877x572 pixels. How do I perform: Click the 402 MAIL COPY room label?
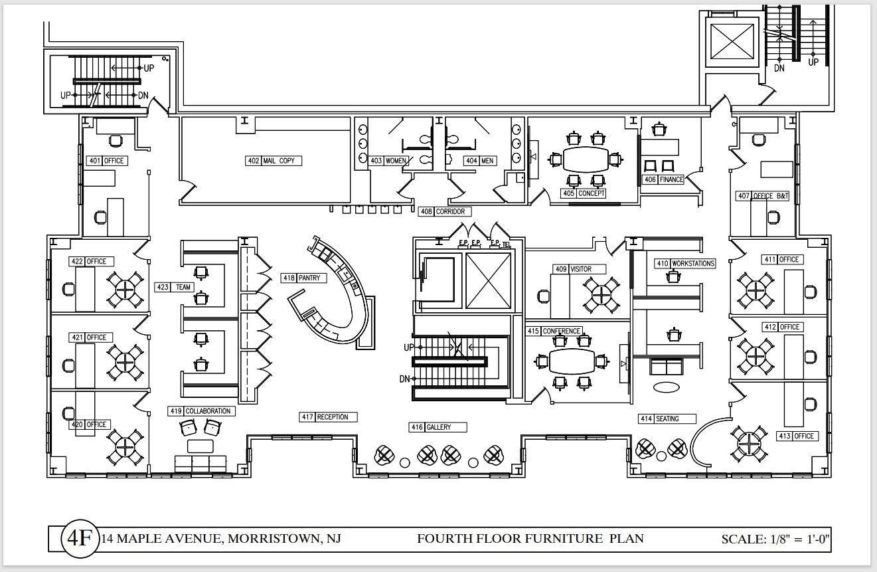pos(274,161)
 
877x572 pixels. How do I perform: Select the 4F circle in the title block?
pos(78,538)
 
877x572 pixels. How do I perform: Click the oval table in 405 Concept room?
pos(585,159)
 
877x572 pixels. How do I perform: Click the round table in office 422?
pos(125,289)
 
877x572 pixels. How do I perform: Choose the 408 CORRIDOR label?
pos(445,211)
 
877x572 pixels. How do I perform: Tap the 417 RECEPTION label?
pos(328,417)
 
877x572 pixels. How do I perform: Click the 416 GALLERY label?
pos(438,427)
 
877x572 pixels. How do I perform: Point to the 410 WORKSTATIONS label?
pos(685,264)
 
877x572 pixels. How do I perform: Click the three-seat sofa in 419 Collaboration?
pos(200,462)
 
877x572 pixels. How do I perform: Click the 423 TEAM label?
pos(175,287)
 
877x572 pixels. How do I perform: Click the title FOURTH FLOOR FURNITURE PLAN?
pos(530,538)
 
